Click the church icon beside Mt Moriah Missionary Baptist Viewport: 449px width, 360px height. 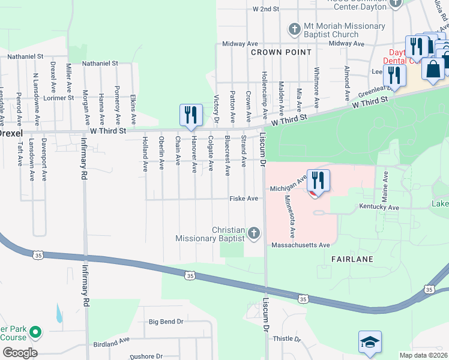294,29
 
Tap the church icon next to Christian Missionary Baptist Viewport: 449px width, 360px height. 254,233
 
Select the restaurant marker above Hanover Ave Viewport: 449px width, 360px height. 190,116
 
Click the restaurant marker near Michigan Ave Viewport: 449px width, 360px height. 318,182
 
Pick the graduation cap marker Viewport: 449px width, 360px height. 370,343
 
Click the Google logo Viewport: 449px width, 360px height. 20,352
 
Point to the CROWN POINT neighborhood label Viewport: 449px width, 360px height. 282,52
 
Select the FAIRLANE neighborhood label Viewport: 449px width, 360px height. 353,259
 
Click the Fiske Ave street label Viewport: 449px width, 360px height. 244,199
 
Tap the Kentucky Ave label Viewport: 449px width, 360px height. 379,208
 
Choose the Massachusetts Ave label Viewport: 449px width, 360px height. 301,245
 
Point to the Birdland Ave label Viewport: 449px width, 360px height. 112,341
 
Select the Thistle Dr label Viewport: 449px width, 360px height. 286,339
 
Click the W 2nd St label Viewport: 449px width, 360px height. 266,9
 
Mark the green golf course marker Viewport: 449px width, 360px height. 35,331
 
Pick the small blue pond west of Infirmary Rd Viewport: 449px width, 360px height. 58,313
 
